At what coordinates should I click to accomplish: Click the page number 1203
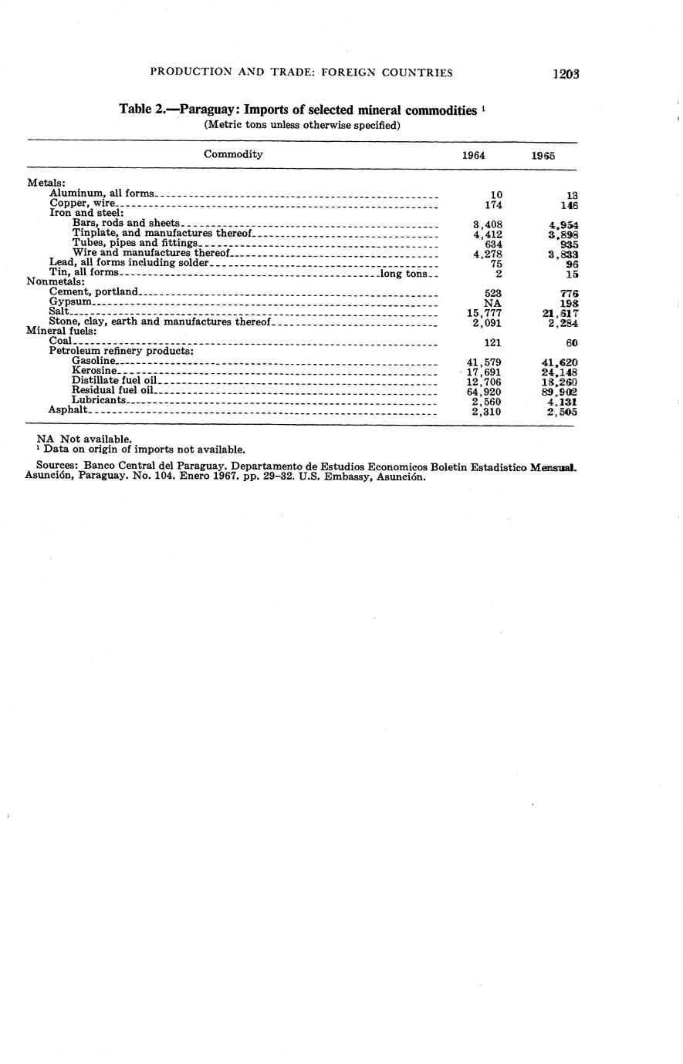click(x=566, y=74)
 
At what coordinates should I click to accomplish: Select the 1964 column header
click(x=473, y=155)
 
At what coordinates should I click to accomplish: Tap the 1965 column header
click(x=543, y=155)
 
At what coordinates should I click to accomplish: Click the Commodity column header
click(x=233, y=154)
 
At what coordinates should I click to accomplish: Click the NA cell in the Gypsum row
click(x=492, y=303)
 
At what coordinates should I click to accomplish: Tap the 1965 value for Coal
click(x=571, y=342)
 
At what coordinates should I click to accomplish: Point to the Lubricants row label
click(x=98, y=401)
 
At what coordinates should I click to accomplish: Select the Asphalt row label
click(x=67, y=411)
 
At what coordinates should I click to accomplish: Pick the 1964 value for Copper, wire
click(x=492, y=206)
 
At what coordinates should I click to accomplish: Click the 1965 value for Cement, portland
click(x=570, y=293)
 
